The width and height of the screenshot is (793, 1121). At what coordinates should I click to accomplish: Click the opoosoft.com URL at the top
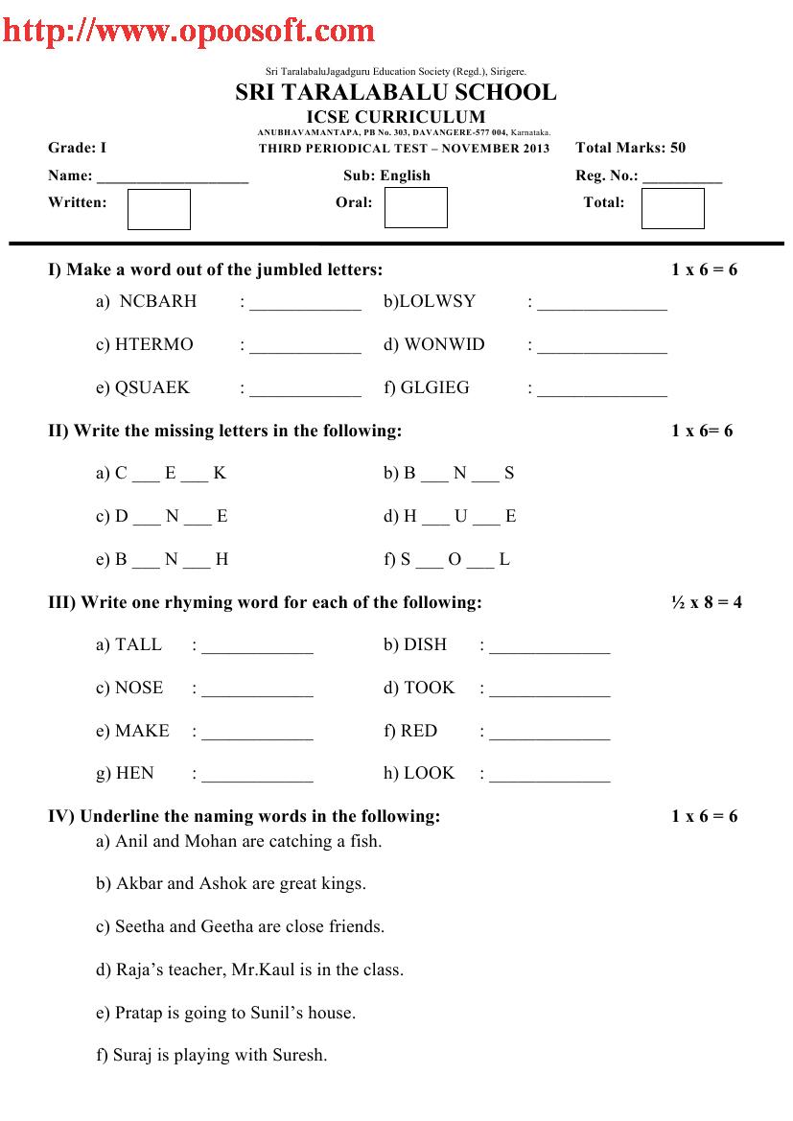188,31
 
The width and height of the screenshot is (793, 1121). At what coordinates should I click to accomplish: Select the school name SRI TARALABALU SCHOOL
395,92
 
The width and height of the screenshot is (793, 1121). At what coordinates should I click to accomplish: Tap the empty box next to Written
159,209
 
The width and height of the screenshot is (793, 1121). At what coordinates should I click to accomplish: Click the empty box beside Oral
416,208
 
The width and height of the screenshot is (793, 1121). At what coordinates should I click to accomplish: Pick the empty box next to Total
672,208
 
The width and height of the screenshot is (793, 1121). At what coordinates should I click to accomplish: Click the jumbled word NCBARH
158,301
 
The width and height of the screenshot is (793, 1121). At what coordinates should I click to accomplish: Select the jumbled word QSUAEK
152,387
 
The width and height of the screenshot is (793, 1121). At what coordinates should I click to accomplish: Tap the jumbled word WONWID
445,344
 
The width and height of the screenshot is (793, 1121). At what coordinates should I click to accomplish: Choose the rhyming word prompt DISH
426,644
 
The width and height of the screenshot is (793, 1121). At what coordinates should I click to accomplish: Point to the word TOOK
430,688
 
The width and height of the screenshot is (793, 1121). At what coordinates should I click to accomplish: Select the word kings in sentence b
343,884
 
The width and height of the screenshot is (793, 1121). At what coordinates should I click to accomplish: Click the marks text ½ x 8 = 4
707,602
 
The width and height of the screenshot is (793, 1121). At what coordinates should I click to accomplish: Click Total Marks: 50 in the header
631,148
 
